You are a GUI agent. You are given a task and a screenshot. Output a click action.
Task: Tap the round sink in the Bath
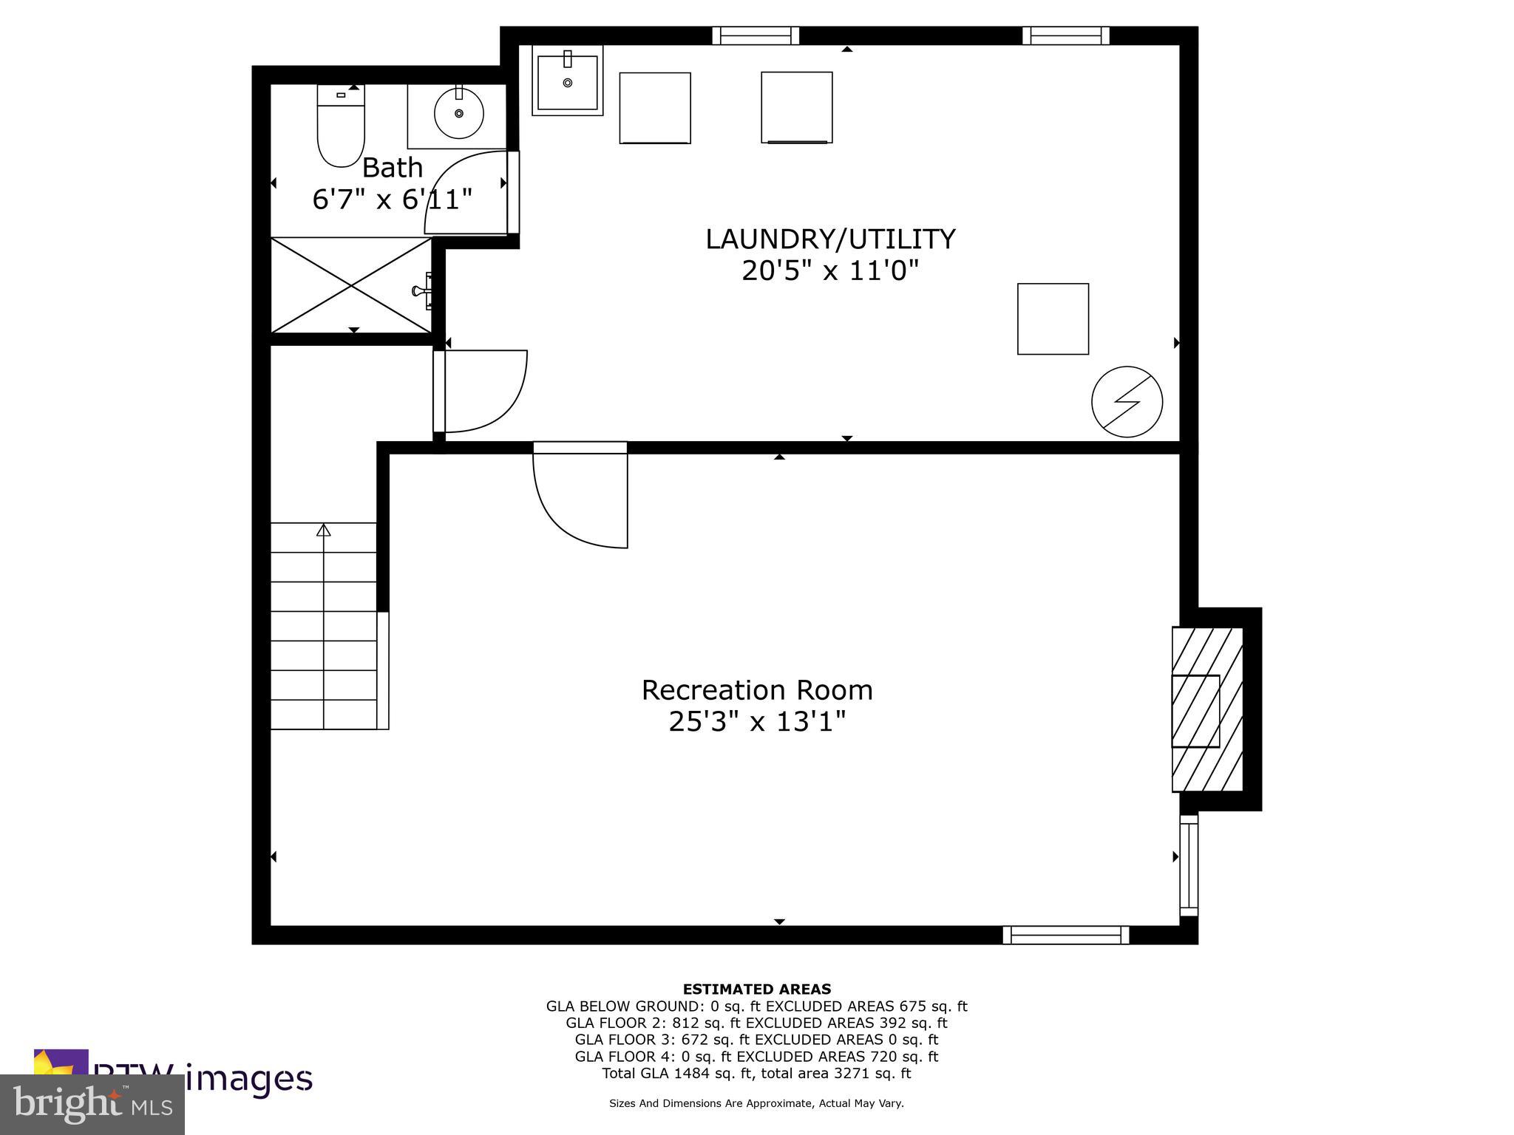pos(458,114)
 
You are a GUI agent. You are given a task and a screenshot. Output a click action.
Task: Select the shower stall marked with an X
pos(351,285)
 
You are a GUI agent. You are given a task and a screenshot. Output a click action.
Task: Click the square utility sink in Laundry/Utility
pos(567,81)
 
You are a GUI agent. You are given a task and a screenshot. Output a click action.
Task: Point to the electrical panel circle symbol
pos(1127,402)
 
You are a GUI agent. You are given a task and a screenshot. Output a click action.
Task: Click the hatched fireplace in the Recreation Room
pos(1206,709)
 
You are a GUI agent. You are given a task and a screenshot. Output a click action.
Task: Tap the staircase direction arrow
pos(323,530)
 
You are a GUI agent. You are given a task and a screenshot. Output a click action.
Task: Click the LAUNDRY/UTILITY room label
pos(830,239)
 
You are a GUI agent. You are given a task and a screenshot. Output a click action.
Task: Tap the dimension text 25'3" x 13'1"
pos(756,721)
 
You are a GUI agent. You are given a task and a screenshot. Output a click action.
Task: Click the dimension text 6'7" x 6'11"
pos(392,199)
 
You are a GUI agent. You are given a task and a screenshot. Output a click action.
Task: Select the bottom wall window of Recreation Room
pos(1065,935)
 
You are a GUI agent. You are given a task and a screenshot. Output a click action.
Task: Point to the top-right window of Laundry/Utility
pos(1065,35)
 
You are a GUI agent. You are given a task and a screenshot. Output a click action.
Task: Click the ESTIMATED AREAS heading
pos(756,989)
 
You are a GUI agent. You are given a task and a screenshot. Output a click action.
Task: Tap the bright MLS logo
pos(92,1104)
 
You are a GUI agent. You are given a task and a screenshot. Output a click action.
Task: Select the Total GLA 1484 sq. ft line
pos(756,1073)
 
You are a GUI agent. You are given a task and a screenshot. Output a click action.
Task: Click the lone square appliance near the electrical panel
pos(1053,319)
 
